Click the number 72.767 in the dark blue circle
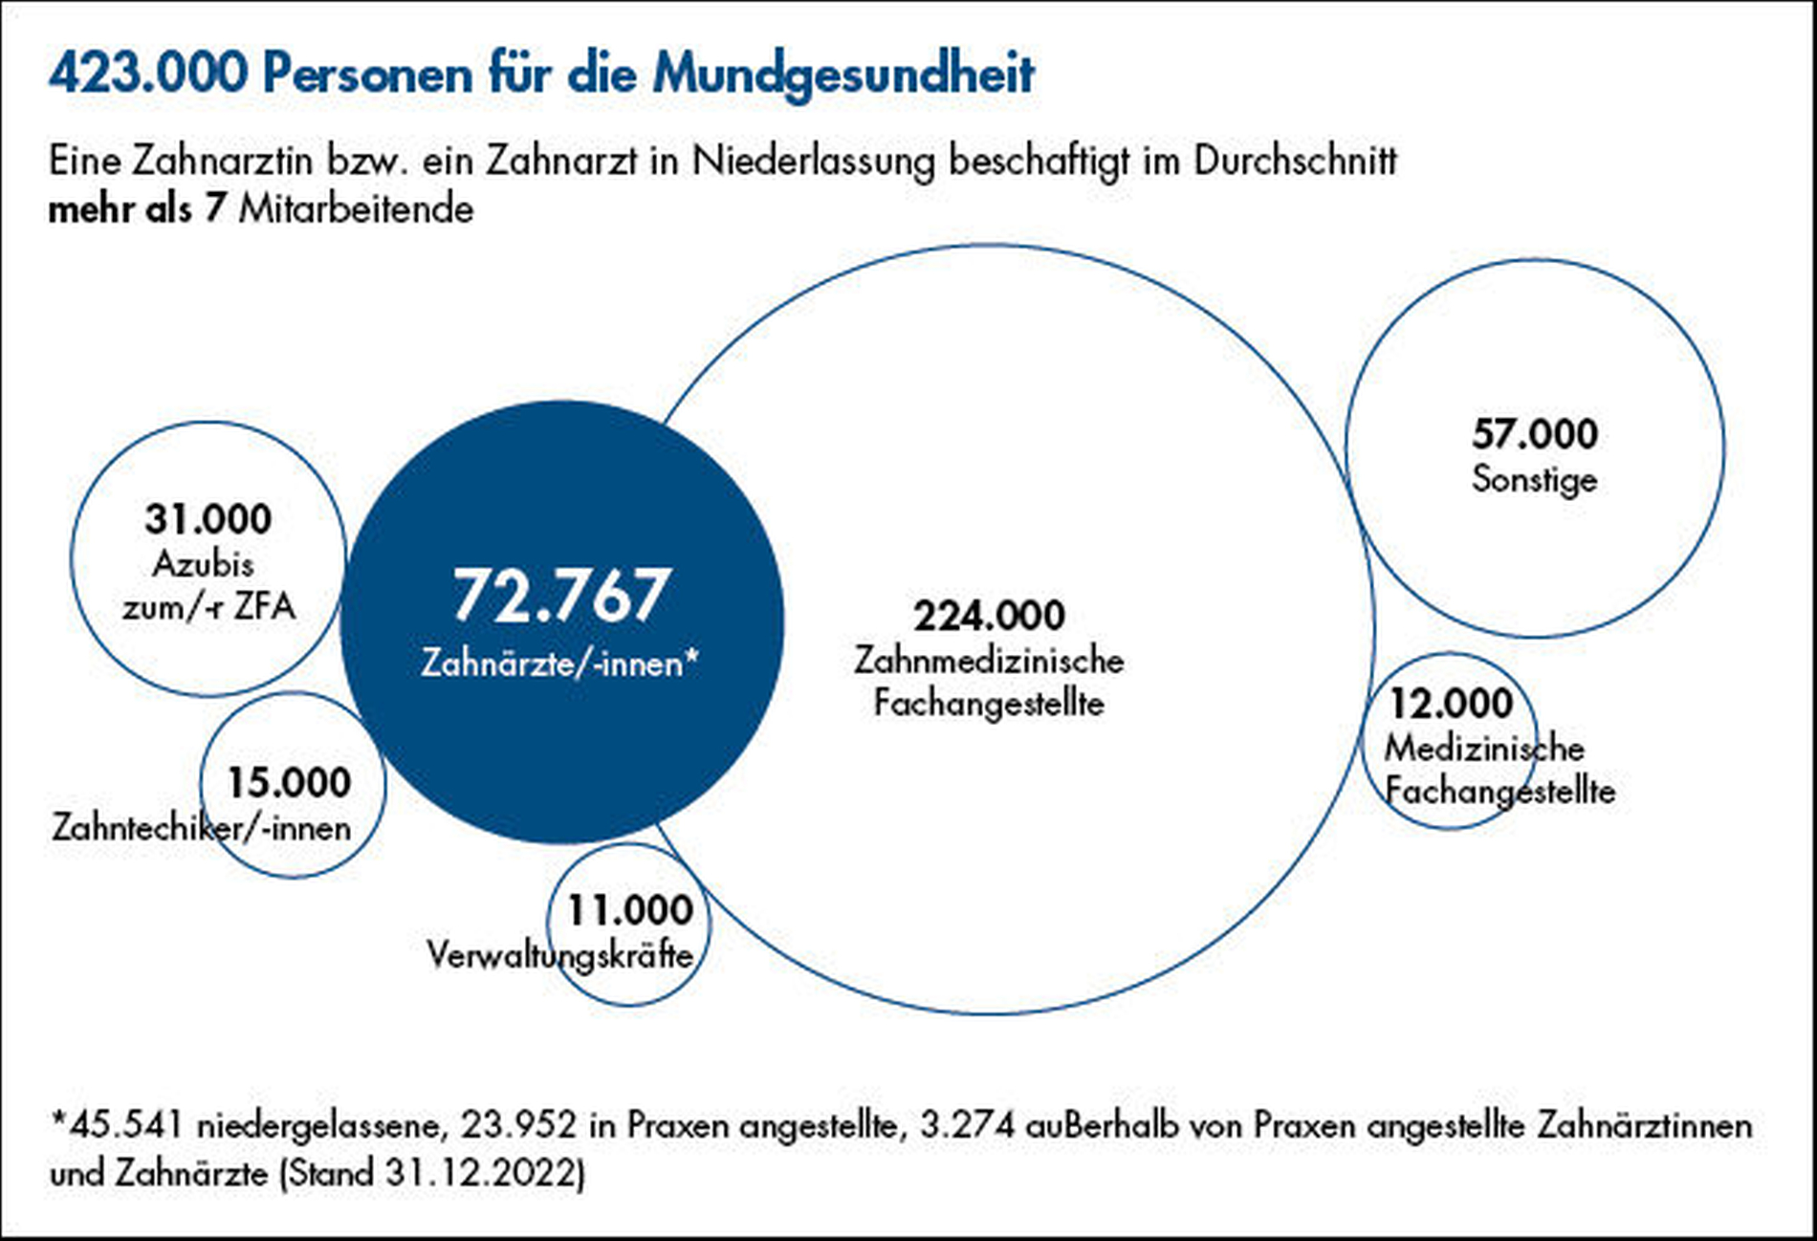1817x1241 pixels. [560, 596]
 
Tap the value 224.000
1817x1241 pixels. [989, 616]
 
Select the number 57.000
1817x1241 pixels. [1534, 434]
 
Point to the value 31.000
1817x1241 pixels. [208, 519]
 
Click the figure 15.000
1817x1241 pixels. [289, 783]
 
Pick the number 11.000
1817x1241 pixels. [630, 910]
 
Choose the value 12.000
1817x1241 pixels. [1451, 704]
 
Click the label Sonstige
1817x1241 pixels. [1534, 479]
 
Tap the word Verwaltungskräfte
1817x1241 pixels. [559, 955]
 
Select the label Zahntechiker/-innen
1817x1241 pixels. [202, 828]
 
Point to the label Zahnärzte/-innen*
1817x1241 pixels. [560, 663]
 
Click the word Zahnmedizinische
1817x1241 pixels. [989, 661]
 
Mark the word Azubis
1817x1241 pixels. [204, 564]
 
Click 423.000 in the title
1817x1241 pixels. [148, 74]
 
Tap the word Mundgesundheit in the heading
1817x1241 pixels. [843, 74]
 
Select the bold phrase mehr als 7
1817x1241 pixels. [136, 208]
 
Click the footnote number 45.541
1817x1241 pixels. [123, 1125]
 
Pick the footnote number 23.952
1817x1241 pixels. [519, 1125]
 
